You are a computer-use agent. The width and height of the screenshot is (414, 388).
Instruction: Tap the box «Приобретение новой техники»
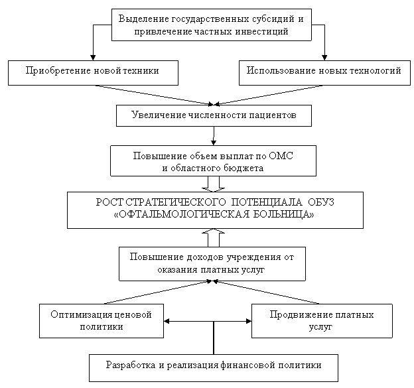click(93, 73)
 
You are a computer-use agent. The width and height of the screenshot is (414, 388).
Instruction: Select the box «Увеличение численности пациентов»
click(214, 115)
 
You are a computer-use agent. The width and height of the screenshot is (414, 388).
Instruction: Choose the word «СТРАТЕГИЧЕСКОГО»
click(176, 202)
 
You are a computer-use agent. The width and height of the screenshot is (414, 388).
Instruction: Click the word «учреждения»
click(254, 257)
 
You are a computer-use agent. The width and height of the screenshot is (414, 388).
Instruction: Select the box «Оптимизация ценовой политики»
click(102, 321)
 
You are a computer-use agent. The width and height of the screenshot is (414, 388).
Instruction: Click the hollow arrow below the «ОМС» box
click(214, 184)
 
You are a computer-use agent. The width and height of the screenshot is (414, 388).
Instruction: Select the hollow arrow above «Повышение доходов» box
click(214, 238)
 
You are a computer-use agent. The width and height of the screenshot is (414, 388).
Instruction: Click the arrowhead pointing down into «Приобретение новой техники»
click(93, 58)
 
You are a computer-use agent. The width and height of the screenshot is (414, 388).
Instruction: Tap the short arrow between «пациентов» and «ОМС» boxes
click(214, 136)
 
